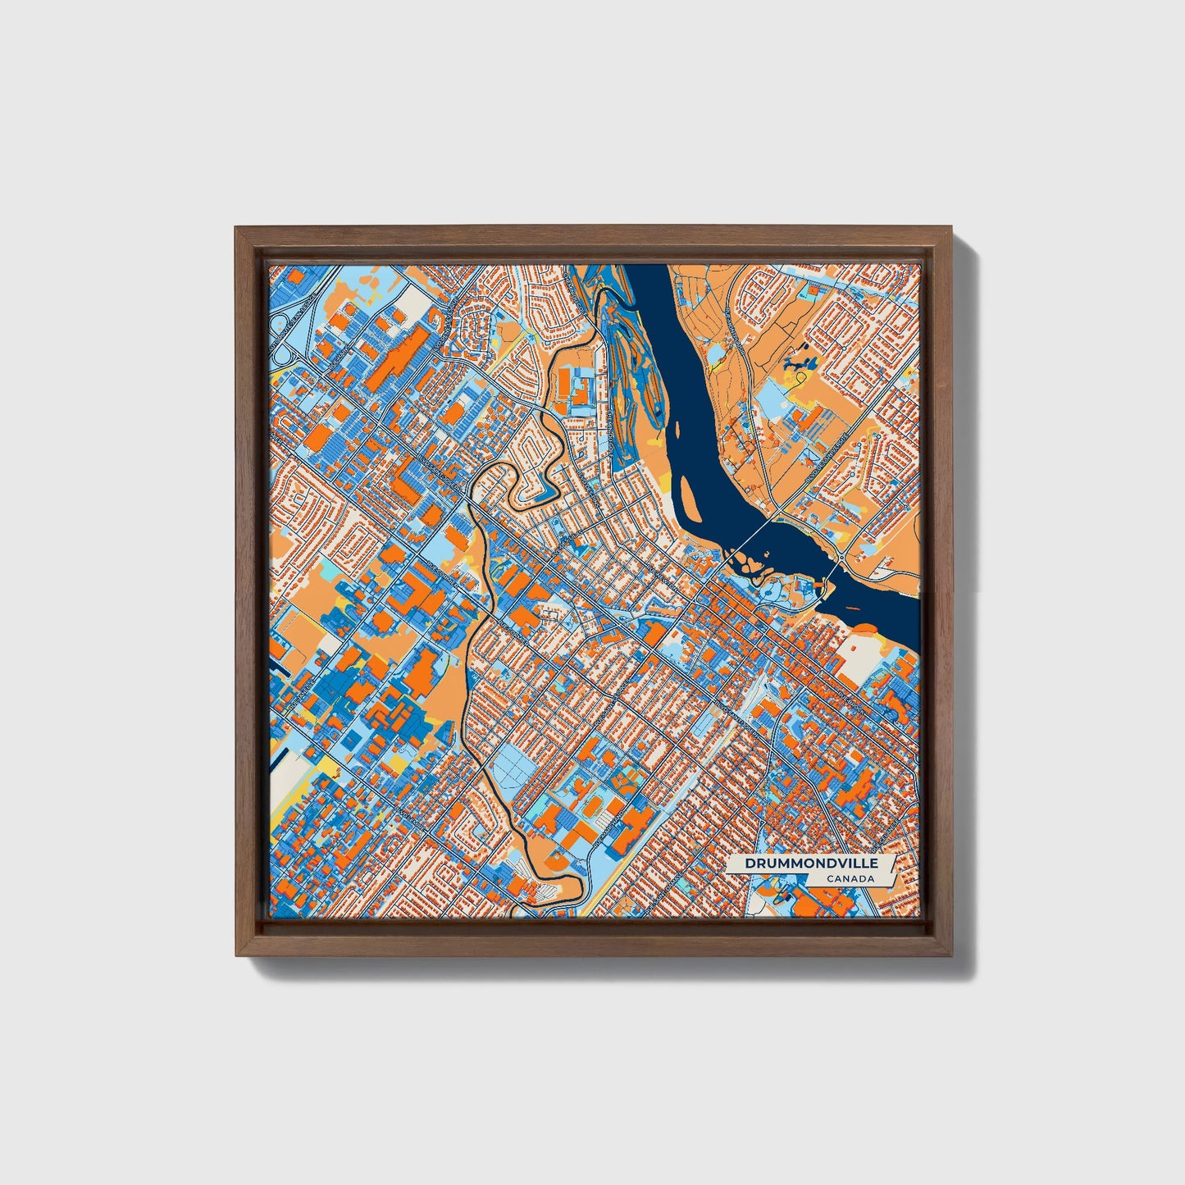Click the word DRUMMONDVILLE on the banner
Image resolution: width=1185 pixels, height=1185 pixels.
click(811, 864)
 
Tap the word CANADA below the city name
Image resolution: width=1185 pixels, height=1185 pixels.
click(850, 879)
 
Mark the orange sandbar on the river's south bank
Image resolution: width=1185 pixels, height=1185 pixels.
click(868, 630)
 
